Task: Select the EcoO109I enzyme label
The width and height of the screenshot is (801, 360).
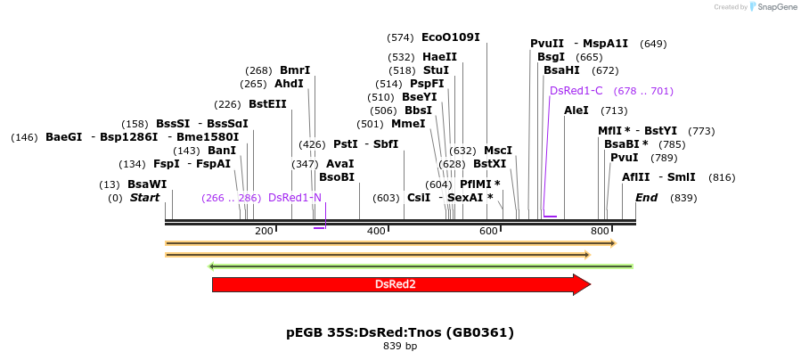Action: (x=450, y=37)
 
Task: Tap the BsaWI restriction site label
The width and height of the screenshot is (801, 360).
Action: (x=147, y=184)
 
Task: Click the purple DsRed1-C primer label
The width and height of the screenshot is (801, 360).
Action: (x=576, y=91)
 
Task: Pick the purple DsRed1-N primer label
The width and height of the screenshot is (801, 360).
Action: (x=295, y=198)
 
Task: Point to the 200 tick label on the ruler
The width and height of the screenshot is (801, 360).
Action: (x=264, y=232)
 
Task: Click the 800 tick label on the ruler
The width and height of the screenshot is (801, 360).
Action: (x=600, y=232)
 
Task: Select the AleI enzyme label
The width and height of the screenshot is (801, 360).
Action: (x=576, y=110)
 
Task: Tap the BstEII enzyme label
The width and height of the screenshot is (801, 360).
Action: (x=267, y=104)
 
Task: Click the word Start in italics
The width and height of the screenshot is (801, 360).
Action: (x=144, y=198)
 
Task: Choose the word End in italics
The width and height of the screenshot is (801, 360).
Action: (x=646, y=198)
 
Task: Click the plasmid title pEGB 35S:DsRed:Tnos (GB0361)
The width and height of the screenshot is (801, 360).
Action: (x=400, y=332)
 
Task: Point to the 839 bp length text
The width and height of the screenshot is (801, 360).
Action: (x=400, y=346)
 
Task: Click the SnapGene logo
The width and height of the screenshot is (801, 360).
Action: (x=772, y=7)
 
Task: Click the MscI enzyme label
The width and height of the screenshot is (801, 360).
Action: (x=498, y=151)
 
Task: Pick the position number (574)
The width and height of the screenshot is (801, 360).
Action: (x=400, y=37)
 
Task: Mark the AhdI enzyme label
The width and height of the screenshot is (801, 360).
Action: (x=289, y=84)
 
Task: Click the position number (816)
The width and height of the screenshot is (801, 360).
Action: (x=722, y=177)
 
